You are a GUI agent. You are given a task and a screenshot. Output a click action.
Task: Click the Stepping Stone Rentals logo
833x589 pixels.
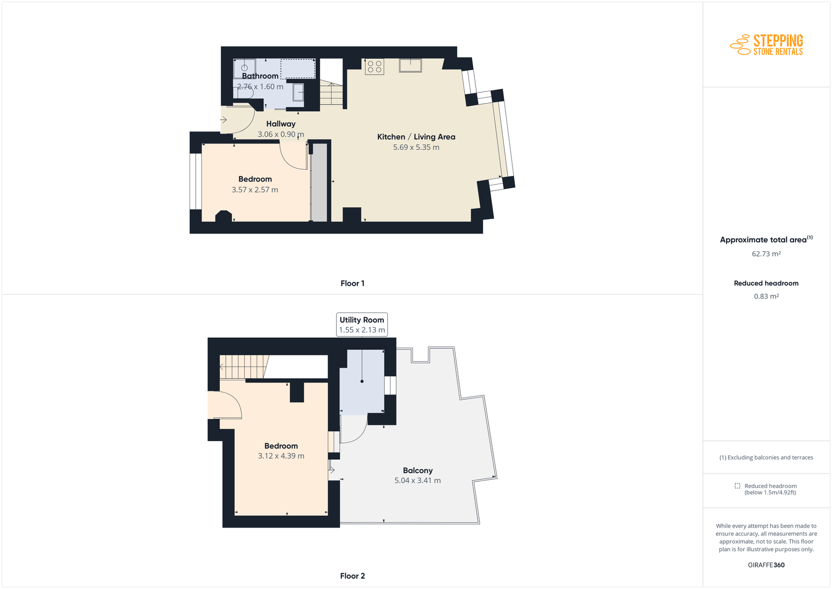(766, 45)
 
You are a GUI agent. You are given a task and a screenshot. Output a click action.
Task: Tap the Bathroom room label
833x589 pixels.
(260, 76)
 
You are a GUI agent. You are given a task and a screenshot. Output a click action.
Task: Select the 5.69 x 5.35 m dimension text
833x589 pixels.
(416, 147)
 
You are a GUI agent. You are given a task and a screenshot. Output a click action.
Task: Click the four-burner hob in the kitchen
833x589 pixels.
(374, 67)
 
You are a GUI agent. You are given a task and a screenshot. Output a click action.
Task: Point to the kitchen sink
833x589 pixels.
(411, 66)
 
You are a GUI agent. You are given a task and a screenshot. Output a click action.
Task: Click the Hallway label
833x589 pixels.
(281, 124)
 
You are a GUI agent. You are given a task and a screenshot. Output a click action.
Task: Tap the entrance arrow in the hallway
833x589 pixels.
(223, 120)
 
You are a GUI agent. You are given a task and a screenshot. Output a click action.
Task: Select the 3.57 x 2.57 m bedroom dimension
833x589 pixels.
(255, 189)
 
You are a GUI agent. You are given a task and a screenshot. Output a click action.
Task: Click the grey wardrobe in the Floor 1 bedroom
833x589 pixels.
(319, 183)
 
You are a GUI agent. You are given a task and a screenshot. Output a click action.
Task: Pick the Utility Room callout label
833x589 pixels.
(362, 324)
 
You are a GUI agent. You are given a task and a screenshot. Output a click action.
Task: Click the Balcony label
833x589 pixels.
(418, 470)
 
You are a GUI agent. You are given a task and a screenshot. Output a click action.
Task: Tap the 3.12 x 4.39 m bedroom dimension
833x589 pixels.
(281, 456)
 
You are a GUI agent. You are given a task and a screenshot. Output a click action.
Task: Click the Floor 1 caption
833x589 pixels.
(352, 283)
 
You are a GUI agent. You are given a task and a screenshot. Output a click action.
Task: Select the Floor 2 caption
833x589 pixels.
(352, 575)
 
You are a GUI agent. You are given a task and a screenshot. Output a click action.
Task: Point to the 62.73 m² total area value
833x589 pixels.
(766, 254)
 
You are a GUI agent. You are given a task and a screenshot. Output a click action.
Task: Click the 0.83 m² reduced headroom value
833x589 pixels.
(766, 296)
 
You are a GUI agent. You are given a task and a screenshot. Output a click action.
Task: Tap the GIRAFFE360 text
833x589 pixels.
(766, 565)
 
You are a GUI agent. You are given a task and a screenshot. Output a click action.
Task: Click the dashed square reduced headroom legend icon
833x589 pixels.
(737, 485)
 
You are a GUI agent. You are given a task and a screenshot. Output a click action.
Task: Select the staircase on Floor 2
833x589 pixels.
(244, 367)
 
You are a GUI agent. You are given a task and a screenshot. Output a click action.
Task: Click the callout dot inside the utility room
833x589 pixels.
(362, 381)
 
